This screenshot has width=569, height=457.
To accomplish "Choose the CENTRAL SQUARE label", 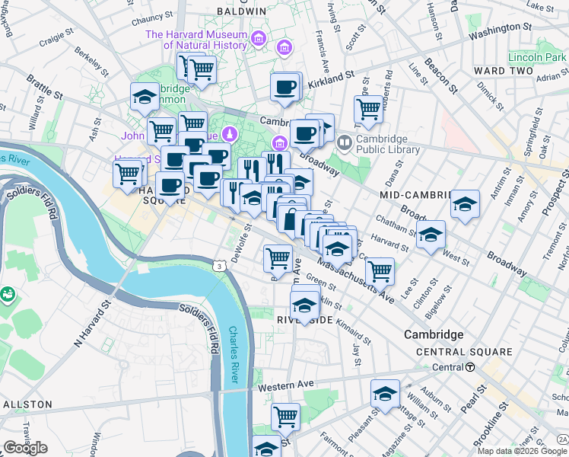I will pyautogui.click(x=464, y=352).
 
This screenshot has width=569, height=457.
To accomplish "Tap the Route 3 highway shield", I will pyautogui.click(x=219, y=266).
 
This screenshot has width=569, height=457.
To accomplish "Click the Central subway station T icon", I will pyautogui.click(x=470, y=367).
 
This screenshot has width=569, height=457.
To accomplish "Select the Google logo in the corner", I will pyautogui.click(x=25, y=448).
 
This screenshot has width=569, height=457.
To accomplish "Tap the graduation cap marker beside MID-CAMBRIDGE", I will pyautogui.click(x=465, y=204).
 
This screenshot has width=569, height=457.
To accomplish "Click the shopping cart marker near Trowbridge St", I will pyautogui.click(x=368, y=108).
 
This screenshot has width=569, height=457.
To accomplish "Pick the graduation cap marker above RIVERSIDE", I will pyautogui.click(x=304, y=304).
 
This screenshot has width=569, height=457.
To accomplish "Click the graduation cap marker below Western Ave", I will pyautogui.click(x=385, y=394).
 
